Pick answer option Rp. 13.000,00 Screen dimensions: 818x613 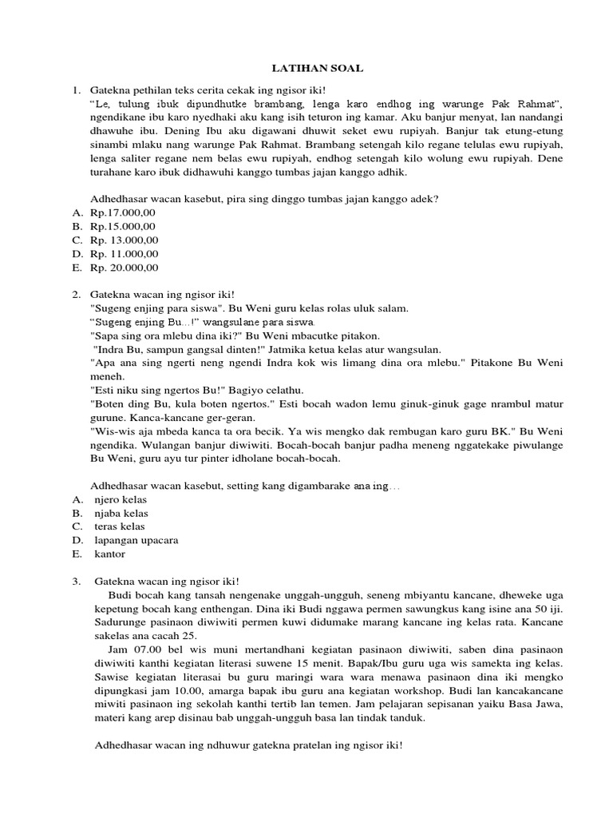tap(125, 240)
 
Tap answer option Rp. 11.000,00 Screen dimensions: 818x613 tap(125, 253)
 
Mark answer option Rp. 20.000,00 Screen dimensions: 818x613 tap(125, 267)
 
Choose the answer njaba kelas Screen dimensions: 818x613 tap(121, 513)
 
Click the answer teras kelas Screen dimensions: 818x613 tap(120, 526)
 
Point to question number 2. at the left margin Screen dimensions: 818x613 tap(77, 294)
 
